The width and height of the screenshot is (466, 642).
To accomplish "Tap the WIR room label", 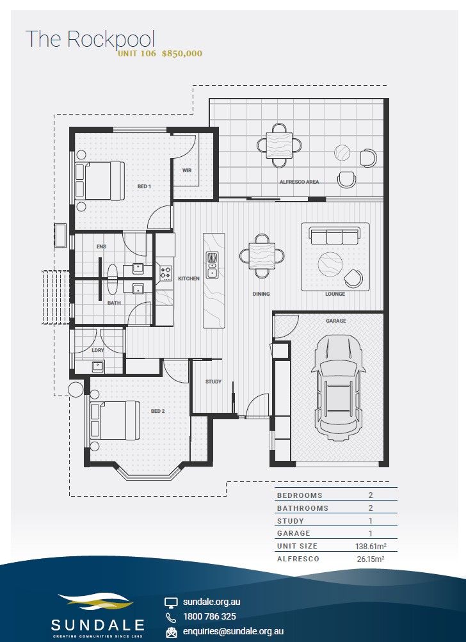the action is (187, 170).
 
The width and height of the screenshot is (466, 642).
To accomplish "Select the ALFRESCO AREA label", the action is (300, 182).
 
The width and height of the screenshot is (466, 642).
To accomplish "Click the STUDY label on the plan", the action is (213, 381).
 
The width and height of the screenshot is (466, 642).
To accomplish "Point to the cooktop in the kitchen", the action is (165, 273).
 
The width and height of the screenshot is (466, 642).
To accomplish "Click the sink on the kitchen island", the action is (212, 265).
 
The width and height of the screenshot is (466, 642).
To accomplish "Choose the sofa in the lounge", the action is (335, 236).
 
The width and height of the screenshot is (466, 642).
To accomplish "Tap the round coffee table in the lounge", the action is (330, 264).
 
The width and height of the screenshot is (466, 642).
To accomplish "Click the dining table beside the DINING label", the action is (262, 256).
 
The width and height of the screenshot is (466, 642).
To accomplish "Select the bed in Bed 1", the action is (100, 181).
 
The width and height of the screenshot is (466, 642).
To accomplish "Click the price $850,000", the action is (182, 54).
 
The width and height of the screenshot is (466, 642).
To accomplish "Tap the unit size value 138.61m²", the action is (371, 546).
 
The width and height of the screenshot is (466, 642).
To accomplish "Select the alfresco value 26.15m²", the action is (371, 559).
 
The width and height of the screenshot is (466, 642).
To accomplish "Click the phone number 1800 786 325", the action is (210, 616).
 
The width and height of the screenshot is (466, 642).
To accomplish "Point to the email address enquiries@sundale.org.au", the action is (233, 631).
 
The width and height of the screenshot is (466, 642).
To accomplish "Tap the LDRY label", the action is (98, 351).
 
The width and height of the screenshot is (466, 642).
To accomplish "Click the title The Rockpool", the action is (90, 39).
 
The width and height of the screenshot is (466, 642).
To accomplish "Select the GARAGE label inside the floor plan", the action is (336, 321).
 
